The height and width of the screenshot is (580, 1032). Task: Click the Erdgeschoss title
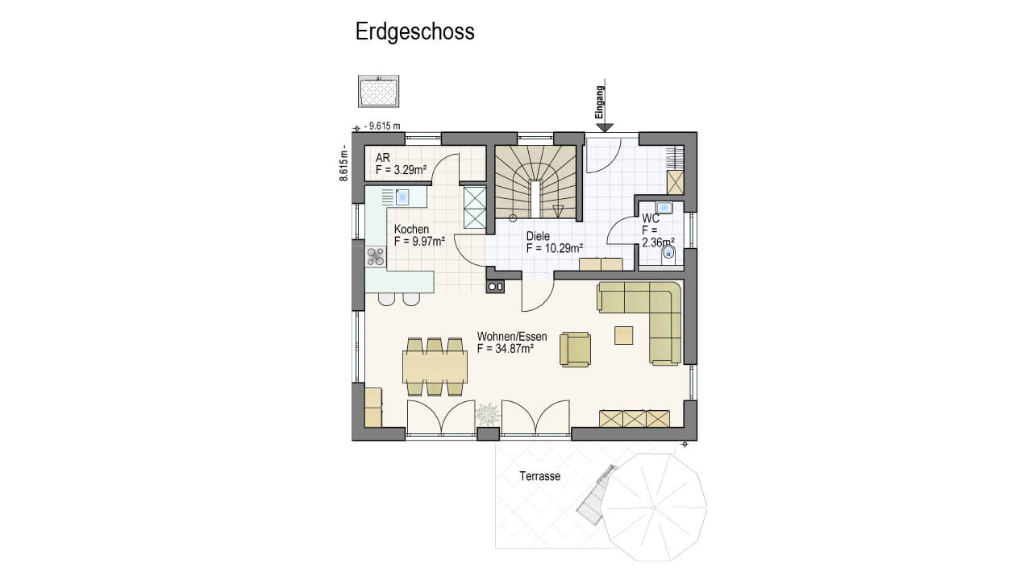pyautogui.click(x=414, y=32)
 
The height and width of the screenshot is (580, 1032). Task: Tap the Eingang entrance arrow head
pyautogui.click(x=604, y=127)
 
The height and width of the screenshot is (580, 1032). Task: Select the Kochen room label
pyautogui.click(x=411, y=230)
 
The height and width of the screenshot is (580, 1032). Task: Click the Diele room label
pyautogui.click(x=538, y=236)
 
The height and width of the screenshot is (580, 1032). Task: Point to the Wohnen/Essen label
pyautogui.click(x=512, y=337)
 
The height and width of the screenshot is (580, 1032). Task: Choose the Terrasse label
pyautogui.click(x=540, y=476)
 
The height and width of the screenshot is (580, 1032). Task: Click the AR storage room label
pyautogui.click(x=383, y=158)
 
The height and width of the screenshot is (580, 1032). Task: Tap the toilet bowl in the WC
pyautogui.click(x=668, y=253)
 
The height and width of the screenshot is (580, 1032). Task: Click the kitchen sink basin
pyautogui.click(x=402, y=197)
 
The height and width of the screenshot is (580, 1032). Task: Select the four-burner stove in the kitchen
pyautogui.click(x=376, y=257)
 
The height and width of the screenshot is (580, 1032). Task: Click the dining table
pyautogui.click(x=435, y=367)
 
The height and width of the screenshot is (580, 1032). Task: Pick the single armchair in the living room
pyautogui.click(x=575, y=350)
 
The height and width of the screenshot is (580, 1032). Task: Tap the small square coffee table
pyautogui.click(x=623, y=335)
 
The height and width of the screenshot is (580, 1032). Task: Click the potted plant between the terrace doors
pyautogui.click(x=488, y=414)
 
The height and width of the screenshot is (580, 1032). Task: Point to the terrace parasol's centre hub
pyautogui.click(x=654, y=507)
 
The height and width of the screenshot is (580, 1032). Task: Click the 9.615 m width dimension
pyautogui.click(x=382, y=126)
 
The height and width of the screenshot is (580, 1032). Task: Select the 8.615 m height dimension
pyautogui.click(x=343, y=163)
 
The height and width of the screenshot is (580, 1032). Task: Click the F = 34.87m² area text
pyautogui.click(x=506, y=349)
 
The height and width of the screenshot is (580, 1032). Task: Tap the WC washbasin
pyautogui.click(x=664, y=208)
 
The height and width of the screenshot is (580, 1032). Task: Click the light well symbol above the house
pyautogui.click(x=379, y=91)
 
